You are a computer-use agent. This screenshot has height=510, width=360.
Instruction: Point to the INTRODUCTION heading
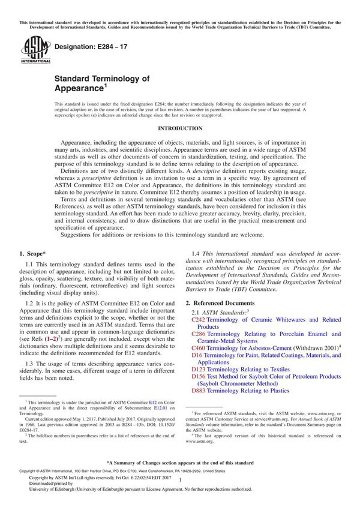coord(179,129)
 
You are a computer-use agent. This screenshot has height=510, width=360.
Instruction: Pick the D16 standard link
coord(196,355)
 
